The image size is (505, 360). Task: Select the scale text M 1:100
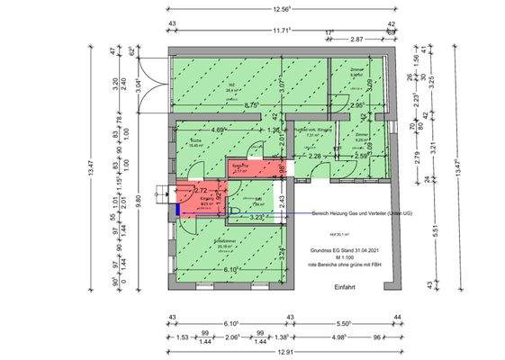[343, 256]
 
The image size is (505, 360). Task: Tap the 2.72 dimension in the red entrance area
[202, 192]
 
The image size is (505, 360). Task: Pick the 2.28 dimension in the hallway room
[315, 157]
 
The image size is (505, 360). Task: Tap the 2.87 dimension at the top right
[356, 40]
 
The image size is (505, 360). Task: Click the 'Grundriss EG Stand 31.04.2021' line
[343, 247]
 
